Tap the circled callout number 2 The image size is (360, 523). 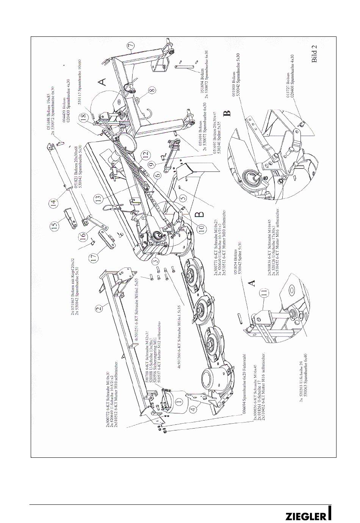click(99, 308)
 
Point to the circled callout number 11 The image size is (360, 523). click(264, 292)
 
